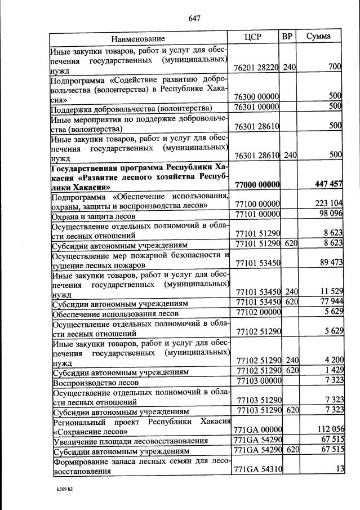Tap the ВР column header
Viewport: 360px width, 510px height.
[x=287, y=37]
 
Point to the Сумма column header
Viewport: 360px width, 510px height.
[x=318, y=37]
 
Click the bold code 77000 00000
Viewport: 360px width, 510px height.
[x=257, y=185]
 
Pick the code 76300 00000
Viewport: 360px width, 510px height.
[x=257, y=96]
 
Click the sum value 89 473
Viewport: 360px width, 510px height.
[x=329, y=262]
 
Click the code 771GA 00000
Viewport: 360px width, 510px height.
[x=257, y=430]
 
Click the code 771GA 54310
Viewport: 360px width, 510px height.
[x=257, y=470]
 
